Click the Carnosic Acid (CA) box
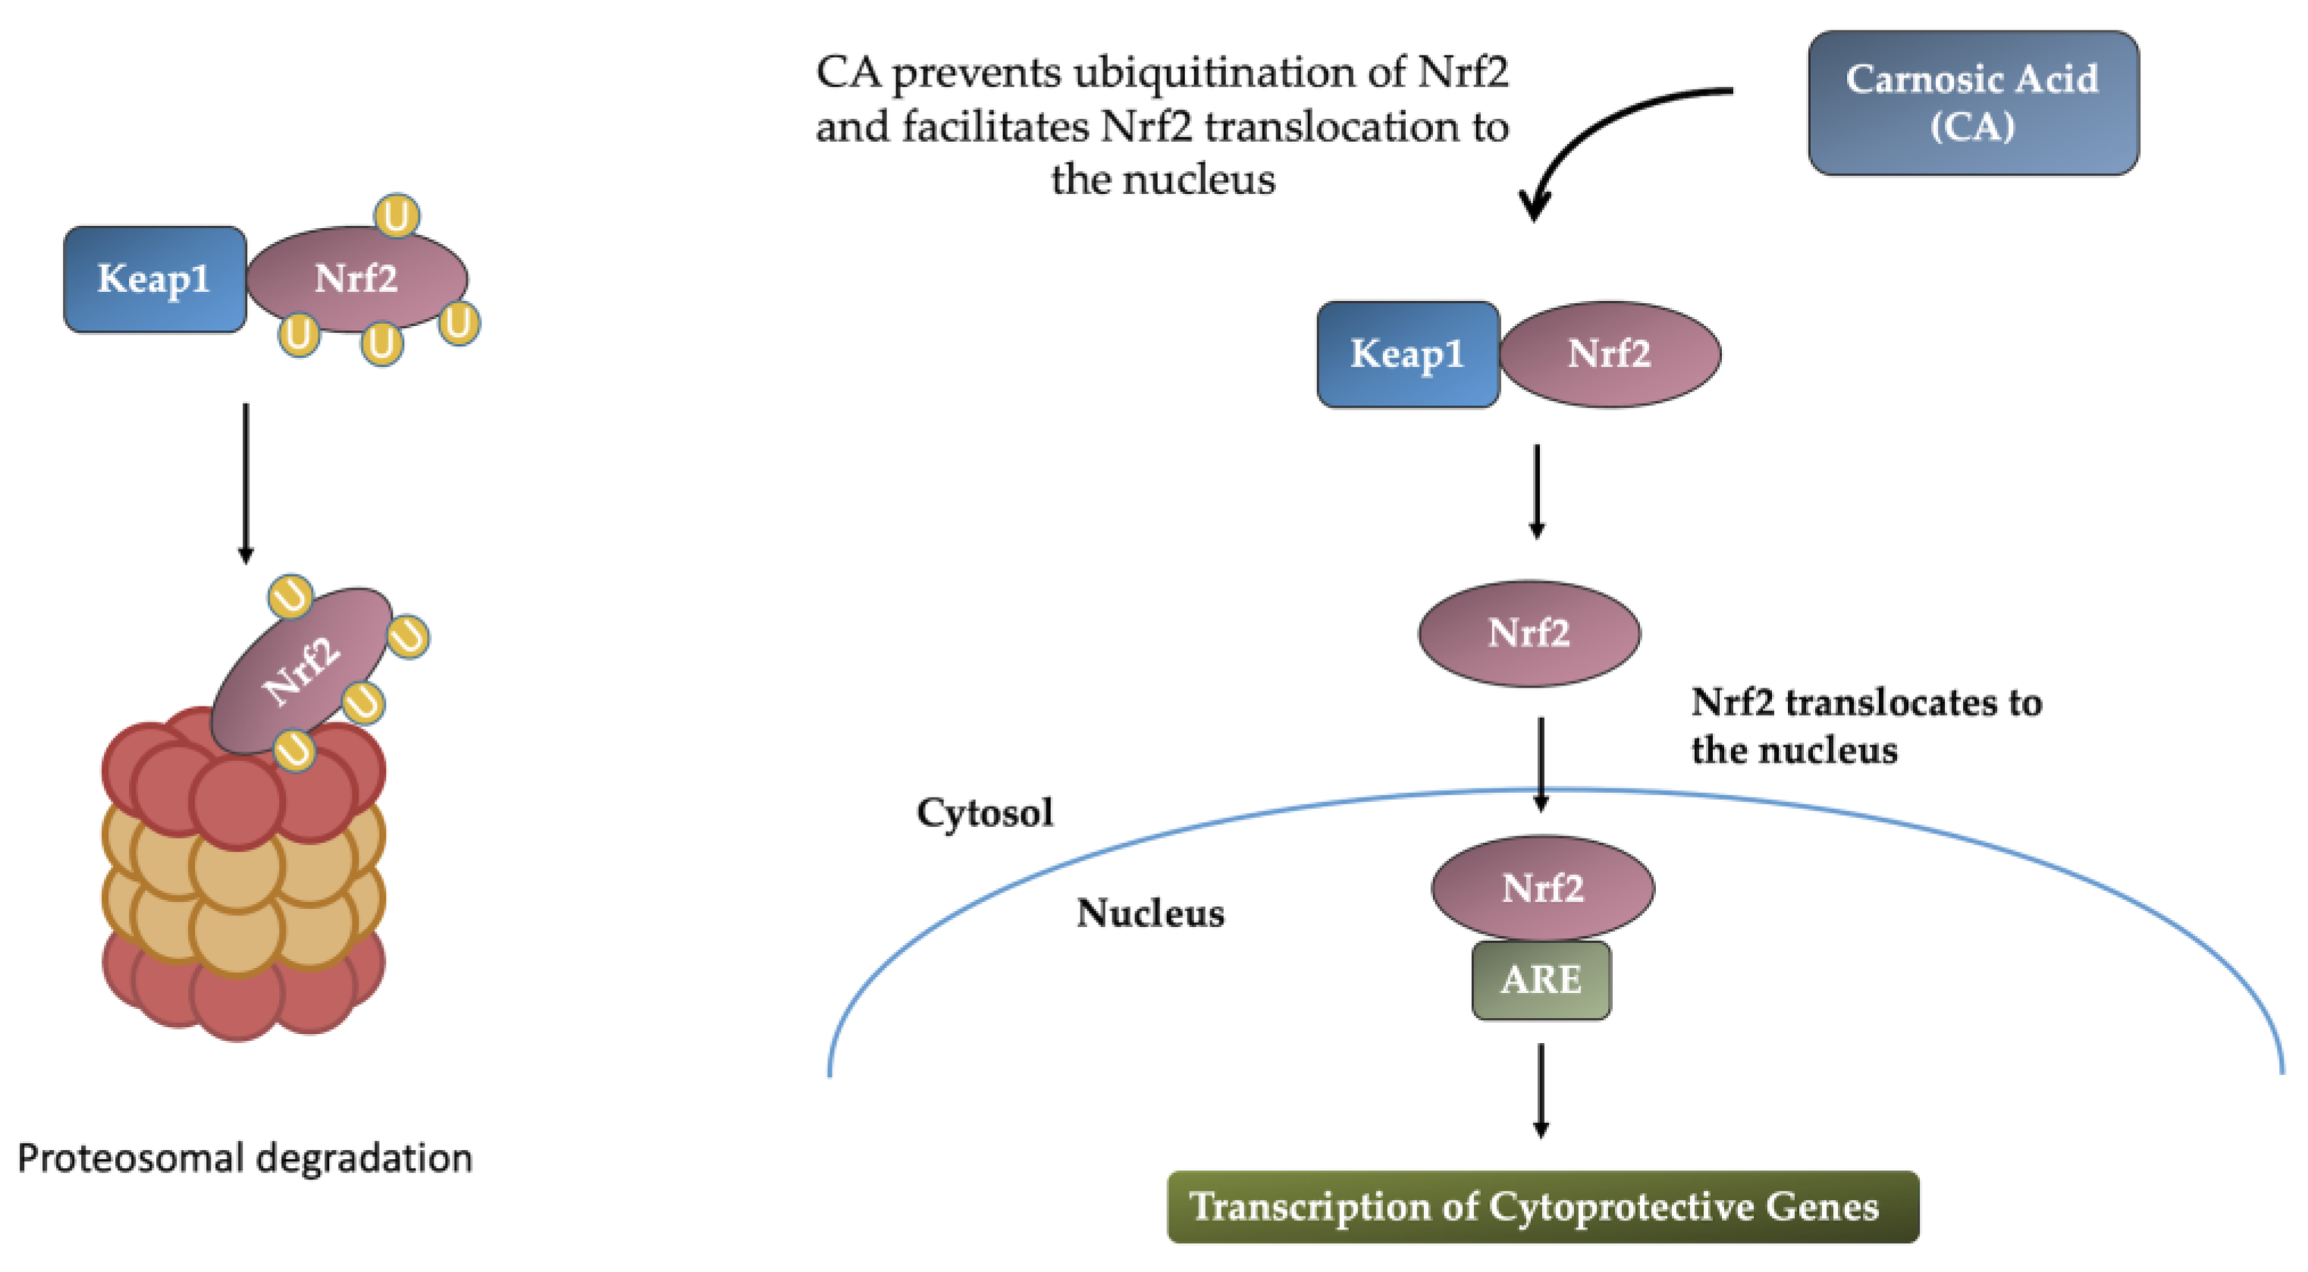click(x=1972, y=102)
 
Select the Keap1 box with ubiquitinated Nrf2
click(x=154, y=279)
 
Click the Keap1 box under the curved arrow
click(x=1406, y=354)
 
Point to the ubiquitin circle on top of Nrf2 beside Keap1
click(x=396, y=216)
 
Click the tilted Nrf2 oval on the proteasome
click(x=302, y=669)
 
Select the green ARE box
click(x=1540, y=979)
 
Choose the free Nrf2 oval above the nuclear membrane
click(x=1529, y=633)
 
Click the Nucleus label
click(x=1149, y=913)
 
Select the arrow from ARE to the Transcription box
click(x=1540, y=1089)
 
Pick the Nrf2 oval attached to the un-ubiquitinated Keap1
click(x=1609, y=354)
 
